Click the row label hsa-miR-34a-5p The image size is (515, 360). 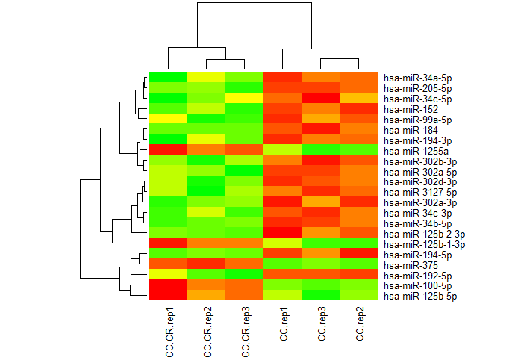[x=417, y=78]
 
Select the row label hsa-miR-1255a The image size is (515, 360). [x=416, y=151]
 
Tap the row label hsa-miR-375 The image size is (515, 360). [x=411, y=265]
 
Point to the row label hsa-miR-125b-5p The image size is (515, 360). [x=420, y=297]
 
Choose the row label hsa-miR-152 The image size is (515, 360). [x=411, y=110]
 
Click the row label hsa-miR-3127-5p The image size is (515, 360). [x=420, y=193]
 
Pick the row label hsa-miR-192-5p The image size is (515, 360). [x=417, y=276]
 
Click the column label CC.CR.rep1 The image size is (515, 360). [x=170, y=332]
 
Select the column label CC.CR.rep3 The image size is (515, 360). [x=246, y=332]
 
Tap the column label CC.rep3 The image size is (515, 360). [x=322, y=323]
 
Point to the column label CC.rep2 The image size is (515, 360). [x=360, y=323]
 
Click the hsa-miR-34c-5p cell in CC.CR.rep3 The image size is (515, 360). [x=244, y=98]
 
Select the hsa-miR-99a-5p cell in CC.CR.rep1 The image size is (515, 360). [x=168, y=118]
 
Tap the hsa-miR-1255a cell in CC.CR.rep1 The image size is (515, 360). [x=168, y=149]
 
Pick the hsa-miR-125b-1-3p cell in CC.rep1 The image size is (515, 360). [x=282, y=243]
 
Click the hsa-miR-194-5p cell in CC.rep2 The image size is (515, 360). [x=359, y=253]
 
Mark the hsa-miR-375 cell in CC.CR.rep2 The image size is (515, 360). [x=206, y=264]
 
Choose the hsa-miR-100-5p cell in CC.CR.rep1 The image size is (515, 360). [x=168, y=285]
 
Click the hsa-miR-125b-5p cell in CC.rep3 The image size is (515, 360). [x=320, y=295]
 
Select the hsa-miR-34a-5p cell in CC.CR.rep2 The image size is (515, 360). [x=206, y=77]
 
